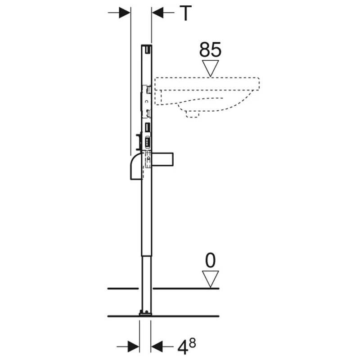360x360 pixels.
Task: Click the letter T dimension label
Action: click(x=185, y=13)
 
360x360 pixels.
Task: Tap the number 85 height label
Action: click(x=210, y=49)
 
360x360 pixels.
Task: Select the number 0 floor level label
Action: click(x=210, y=261)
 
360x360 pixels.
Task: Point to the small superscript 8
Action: click(x=193, y=343)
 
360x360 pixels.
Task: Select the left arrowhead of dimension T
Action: click(x=125, y=13)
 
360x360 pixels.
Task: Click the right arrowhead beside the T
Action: click(x=157, y=13)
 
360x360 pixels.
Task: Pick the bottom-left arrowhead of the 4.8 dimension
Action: click(x=133, y=346)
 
